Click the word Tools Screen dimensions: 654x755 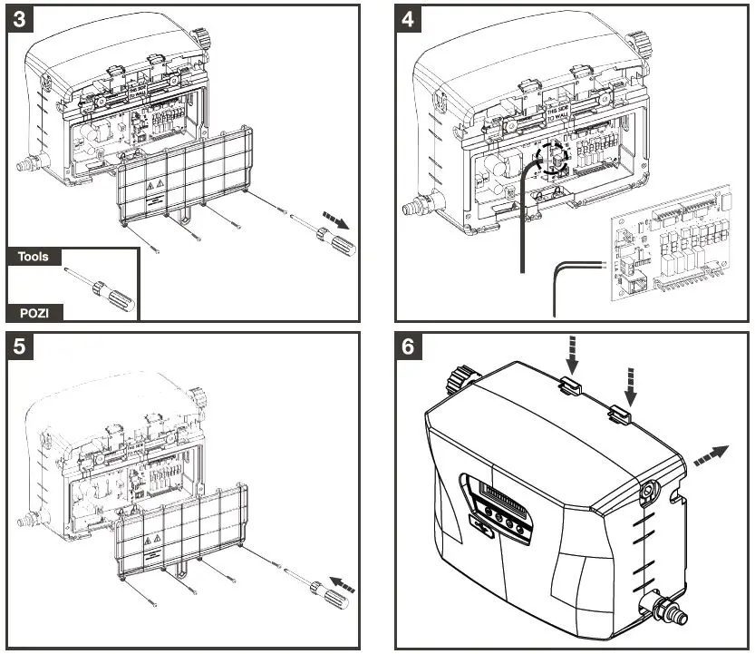(x=34, y=257)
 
